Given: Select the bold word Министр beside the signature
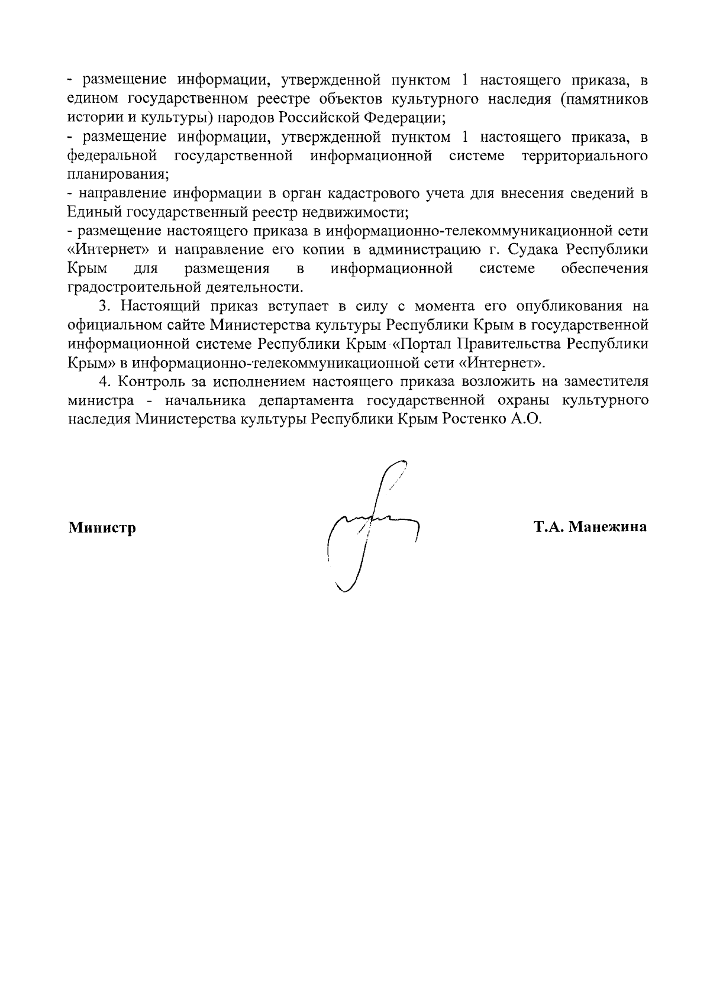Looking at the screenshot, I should (102, 527).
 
